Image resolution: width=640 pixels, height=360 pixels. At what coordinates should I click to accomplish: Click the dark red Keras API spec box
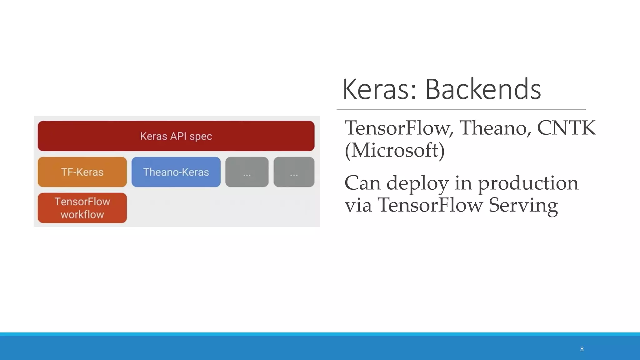(x=176, y=136)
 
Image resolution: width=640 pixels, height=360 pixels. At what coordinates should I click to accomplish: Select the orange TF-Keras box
(x=82, y=172)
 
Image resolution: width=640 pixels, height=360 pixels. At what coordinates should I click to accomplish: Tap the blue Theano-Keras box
(x=176, y=172)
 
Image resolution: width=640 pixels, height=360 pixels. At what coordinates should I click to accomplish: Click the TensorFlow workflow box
(x=82, y=208)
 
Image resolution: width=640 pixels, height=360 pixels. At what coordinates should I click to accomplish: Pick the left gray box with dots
(x=247, y=172)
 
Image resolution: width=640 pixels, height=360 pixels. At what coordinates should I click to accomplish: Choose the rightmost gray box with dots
(x=294, y=172)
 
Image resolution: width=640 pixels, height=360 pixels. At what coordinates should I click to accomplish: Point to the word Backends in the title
(x=483, y=89)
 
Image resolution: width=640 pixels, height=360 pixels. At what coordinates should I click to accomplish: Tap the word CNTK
(x=566, y=128)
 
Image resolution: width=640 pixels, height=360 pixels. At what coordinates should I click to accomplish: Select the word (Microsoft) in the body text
(x=394, y=150)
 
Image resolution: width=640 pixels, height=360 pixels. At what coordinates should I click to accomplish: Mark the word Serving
(x=523, y=205)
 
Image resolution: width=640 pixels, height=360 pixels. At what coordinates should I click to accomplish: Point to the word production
(x=528, y=183)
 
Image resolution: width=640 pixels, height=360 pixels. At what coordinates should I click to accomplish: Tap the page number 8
(x=582, y=349)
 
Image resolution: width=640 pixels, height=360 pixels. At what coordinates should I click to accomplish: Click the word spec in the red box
(x=201, y=137)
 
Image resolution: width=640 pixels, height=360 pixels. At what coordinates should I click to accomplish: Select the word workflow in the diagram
(x=82, y=215)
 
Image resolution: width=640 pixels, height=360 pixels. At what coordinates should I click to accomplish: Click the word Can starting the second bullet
(x=362, y=183)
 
